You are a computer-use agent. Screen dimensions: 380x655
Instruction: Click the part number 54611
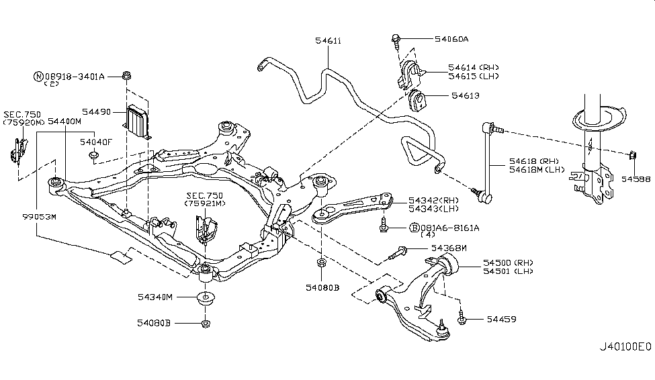(328, 41)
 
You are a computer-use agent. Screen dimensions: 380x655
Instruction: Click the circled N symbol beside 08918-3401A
(38, 77)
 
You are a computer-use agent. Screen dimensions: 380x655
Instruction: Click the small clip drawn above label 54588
(631, 157)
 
